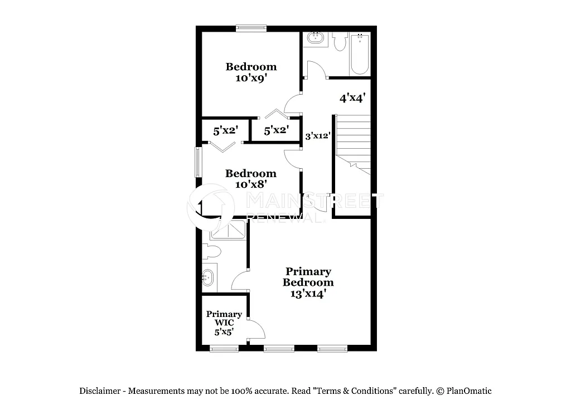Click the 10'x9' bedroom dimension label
pyautogui.click(x=251, y=79)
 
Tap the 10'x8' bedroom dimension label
pyautogui.click(x=251, y=183)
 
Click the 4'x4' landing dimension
pyautogui.click(x=352, y=99)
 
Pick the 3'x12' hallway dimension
pyautogui.click(x=318, y=135)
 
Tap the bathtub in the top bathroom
pyautogui.click(x=360, y=54)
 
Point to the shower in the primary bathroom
pyautogui.click(x=228, y=230)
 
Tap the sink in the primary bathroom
pyautogui.click(x=209, y=275)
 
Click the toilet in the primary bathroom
pyautogui.click(x=210, y=252)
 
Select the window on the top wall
pyautogui.click(x=251, y=28)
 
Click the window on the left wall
pyautogui.click(x=197, y=162)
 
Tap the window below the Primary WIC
pyautogui.click(x=224, y=349)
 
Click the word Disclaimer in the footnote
pyautogui.click(x=100, y=391)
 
